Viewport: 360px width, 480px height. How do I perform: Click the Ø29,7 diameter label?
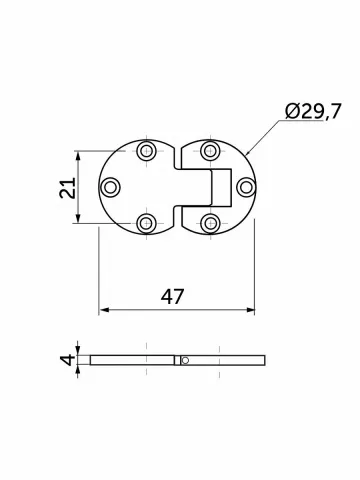point(313,111)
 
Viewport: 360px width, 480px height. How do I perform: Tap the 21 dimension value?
point(68,188)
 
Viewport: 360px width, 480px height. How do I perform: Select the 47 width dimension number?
point(172,296)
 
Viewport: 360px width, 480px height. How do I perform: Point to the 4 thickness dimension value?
point(68,360)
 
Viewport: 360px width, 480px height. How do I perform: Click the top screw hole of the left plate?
point(147,151)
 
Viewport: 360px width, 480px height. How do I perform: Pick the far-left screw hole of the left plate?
point(110,187)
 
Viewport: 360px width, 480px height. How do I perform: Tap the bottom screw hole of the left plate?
point(146,223)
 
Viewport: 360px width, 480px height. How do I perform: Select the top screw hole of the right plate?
point(210,151)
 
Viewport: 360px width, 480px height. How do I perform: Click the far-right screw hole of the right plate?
point(247,187)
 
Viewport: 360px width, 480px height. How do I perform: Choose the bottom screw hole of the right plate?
point(210,223)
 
